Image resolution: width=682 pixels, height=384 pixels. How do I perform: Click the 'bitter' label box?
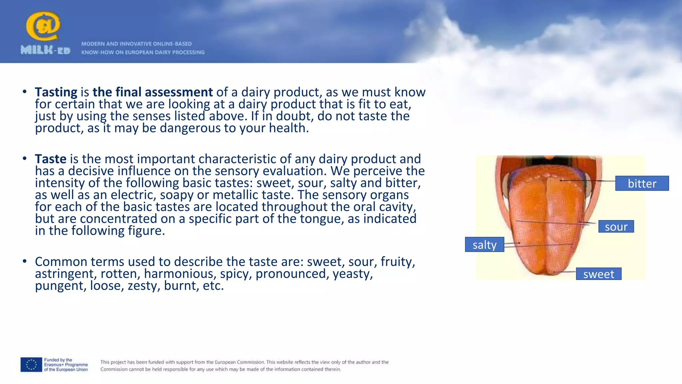[642, 183]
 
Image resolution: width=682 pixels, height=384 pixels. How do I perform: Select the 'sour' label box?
[616, 227]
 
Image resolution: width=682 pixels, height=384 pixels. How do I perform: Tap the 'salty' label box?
[484, 245]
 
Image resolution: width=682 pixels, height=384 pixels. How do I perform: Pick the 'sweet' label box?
[598, 274]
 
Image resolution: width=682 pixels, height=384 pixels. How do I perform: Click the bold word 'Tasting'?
[56, 92]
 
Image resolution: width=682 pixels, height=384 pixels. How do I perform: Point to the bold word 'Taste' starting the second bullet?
[51, 159]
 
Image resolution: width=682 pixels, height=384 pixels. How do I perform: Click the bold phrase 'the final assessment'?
[153, 92]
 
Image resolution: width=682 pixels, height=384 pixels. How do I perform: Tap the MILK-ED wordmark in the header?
[45, 50]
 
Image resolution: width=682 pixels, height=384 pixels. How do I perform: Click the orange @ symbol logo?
[43, 26]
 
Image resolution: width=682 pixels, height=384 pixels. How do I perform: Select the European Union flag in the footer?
[31, 365]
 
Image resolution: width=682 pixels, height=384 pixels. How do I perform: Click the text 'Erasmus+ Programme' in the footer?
[66, 365]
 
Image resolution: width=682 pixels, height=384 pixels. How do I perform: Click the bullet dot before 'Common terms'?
[25, 261]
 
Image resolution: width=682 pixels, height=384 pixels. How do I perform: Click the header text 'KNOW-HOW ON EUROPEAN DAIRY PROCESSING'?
[143, 52]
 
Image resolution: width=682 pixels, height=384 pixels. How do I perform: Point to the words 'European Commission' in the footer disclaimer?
[239, 362]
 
